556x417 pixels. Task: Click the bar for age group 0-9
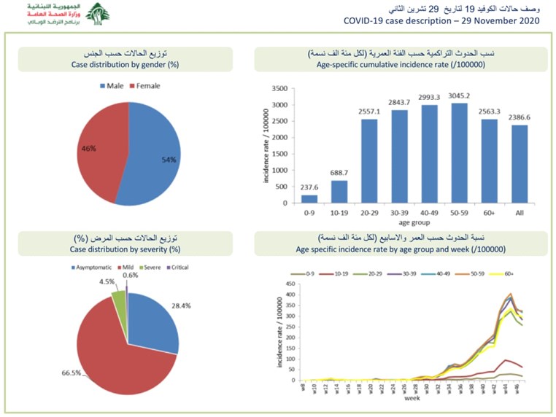pyautogui.click(x=309, y=199)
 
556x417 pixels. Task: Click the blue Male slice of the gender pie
pyautogui.click(x=154, y=160)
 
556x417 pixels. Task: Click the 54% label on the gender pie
pyautogui.click(x=169, y=159)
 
